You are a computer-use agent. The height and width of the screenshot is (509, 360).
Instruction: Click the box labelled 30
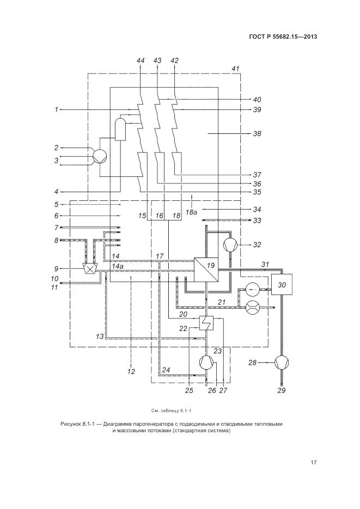pyautogui.click(x=282, y=285)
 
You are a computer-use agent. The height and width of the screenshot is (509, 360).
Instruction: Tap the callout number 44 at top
pyautogui.click(x=141, y=60)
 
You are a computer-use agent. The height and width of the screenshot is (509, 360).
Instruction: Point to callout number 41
pyautogui.click(x=235, y=69)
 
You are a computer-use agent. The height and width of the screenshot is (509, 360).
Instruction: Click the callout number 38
pyautogui.click(x=256, y=133)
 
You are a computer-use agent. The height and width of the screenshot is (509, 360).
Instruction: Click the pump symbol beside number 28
pyautogui.click(x=282, y=361)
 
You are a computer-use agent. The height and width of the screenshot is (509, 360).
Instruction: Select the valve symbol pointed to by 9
pyautogui.click(x=89, y=268)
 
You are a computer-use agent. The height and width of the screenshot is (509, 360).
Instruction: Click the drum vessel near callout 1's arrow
pyautogui.click(x=119, y=129)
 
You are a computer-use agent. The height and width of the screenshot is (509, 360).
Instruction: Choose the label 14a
pyautogui.click(x=118, y=265)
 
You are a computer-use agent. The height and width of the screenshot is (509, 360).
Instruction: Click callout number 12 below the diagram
pyautogui.click(x=131, y=372)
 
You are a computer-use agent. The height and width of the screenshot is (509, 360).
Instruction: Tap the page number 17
pyautogui.click(x=314, y=463)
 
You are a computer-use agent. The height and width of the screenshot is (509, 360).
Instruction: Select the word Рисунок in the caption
pyautogui.click(x=72, y=423)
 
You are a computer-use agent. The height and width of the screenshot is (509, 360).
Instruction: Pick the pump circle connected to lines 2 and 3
pyautogui.click(x=99, y=156)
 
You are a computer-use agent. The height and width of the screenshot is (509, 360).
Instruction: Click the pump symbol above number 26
pyautogui.click(x=207, y=361)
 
